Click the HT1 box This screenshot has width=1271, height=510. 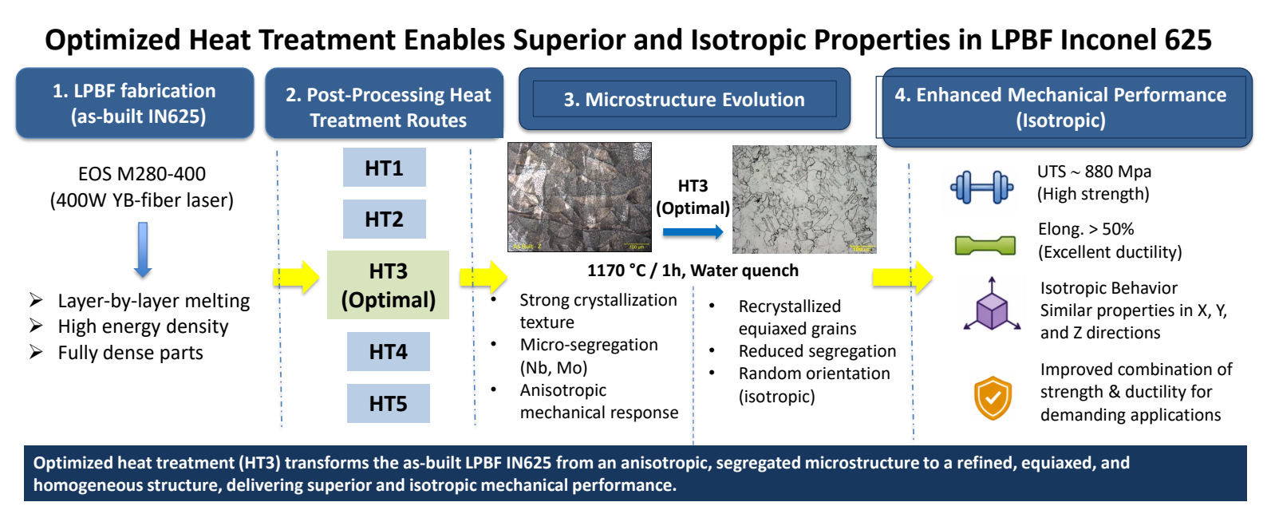tap(384, 168)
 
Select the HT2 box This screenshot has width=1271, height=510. tap(384, 219)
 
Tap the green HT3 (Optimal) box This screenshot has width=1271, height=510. tap(388, 285)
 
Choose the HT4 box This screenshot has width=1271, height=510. tap(388, 352)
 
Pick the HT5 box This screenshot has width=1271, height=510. tap(388, 403)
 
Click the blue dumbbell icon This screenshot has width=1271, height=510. tap(982, 188)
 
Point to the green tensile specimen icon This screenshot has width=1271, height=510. tap(985, 246)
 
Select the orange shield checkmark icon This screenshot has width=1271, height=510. tap(993, 397)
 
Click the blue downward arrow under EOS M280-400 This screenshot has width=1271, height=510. tap(143, 250)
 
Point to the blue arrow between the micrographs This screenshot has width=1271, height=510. tap(693, 231)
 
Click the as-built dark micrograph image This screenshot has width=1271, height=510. tap(579, 197)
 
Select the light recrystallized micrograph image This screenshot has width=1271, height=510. tap(804, 199)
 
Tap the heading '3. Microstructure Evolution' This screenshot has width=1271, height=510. tap(685, 99)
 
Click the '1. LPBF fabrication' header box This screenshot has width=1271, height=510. tap(135, 103)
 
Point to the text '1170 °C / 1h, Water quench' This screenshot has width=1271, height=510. tap(693, 271)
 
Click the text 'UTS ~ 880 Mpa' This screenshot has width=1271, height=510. tap(1094, 172)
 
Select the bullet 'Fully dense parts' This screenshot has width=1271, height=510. tap(130, 353)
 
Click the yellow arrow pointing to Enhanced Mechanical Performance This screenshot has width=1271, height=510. tap(902, 278)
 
